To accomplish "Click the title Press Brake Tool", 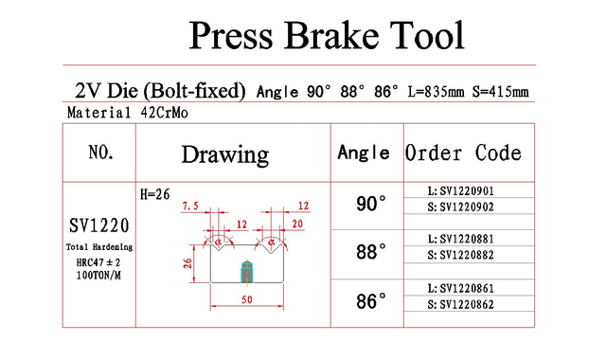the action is click(327, 36).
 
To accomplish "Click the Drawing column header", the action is click(225, 154).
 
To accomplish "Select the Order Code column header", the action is click(463, 153).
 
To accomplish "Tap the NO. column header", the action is click(101, 152).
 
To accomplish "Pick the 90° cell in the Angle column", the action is click(371, 204).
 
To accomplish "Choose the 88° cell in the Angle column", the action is click(371, 252).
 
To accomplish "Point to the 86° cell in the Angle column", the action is click(371, 301).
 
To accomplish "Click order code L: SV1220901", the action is click(461, 191).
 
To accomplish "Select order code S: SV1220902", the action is click(461, 207).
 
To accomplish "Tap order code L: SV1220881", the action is click(461, 239).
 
